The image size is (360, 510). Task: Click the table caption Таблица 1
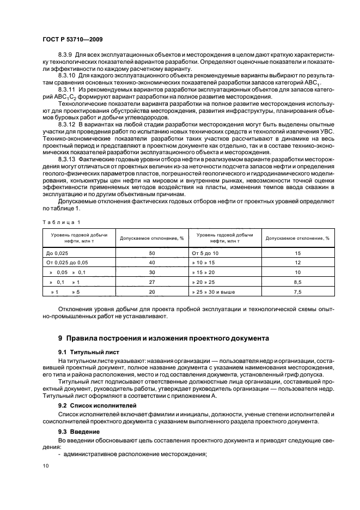click(60, 222)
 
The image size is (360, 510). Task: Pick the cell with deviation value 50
click(152, 253)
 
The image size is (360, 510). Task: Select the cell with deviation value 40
click(152, 263)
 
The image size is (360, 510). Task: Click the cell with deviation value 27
click(152, 282)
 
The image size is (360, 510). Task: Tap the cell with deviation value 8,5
click(297, 282)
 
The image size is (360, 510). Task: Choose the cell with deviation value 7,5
click(297, 292)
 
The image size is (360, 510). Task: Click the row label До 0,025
click(58, 253)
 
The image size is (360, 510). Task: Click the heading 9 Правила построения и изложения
click(163, 338)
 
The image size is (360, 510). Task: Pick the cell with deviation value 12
click(297, 263)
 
